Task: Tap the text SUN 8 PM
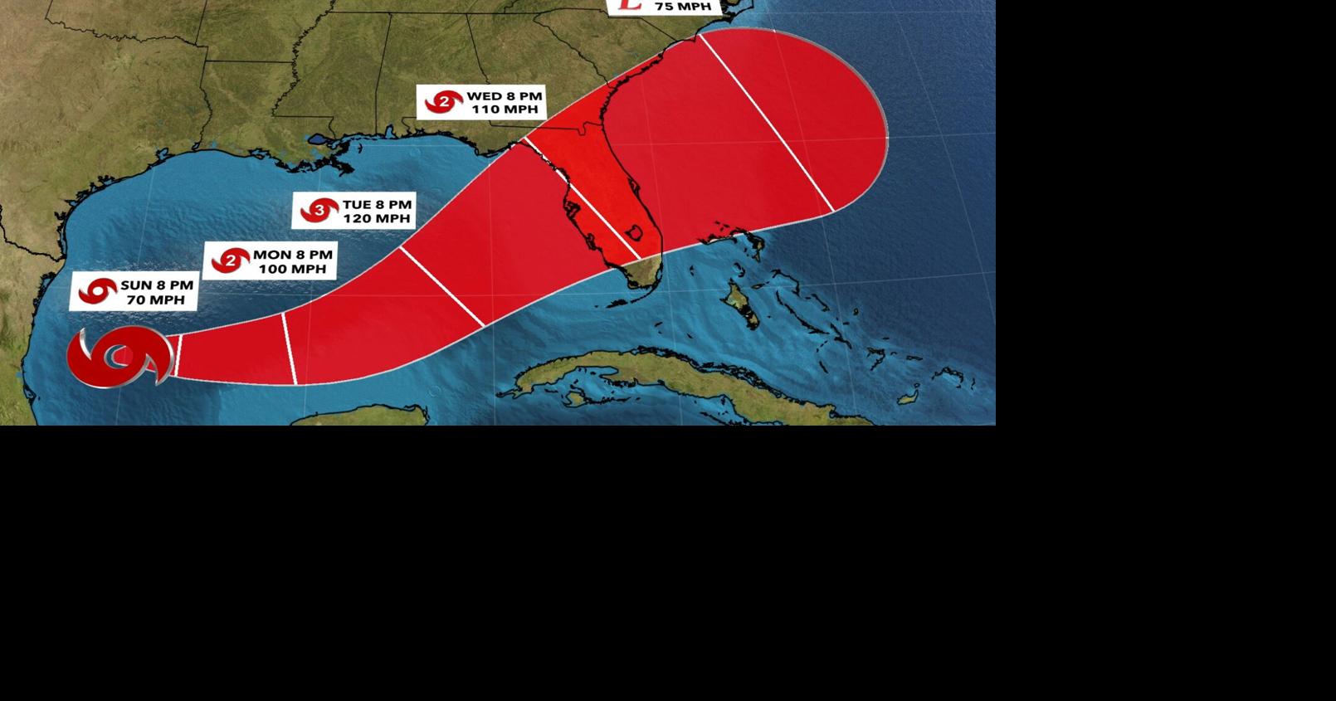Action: click(157, 285)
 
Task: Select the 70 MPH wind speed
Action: click(155, 299)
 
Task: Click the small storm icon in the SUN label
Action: click(97, 291)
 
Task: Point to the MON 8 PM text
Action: click(292, 255)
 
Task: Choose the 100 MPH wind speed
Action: click(291, 269)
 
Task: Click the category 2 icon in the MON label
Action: click(230, 261)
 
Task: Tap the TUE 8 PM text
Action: click(377, 204)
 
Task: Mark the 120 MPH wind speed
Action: click(377, 219)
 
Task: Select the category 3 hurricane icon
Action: click(319, 211)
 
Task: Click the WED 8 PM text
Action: click(504, 95)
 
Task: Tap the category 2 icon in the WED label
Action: click(444, 102)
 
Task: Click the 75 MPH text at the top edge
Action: click(682, 7)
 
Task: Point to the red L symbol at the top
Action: click(630, 4)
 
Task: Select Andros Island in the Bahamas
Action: click(739, 304)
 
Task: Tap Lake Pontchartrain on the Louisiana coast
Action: click(319, 139)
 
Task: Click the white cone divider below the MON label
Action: click(290, 348)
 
